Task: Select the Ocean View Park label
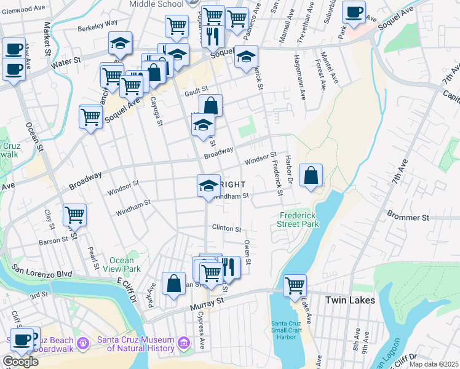coord(125,264)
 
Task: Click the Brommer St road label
coord(407,218)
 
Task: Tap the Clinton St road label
coord(226,228)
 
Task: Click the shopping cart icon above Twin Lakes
coord(295,285)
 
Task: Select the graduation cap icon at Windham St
coord(208,185)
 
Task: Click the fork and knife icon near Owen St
coord(229,267)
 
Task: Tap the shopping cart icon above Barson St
coord(74,215)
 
